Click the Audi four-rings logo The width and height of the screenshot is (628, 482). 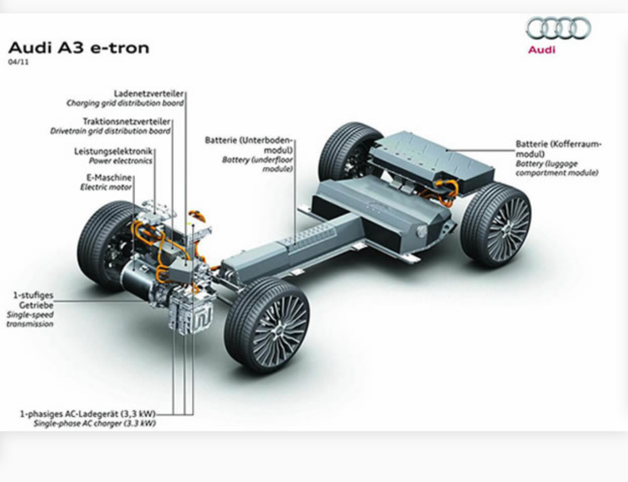point(558,28)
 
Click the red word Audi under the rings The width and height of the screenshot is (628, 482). point(541,49)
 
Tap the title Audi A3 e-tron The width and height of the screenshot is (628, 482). point(78,48)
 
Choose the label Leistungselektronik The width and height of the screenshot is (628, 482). point(113,151)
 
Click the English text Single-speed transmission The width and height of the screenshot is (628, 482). point(30,319)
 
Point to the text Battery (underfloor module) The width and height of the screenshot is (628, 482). point(258,164)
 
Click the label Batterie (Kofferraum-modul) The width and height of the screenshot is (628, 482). point(558,149)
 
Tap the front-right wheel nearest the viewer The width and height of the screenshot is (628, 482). point(267,324)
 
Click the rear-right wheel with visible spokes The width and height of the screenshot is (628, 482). point(496,224)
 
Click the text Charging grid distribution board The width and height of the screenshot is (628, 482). point(125,104)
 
